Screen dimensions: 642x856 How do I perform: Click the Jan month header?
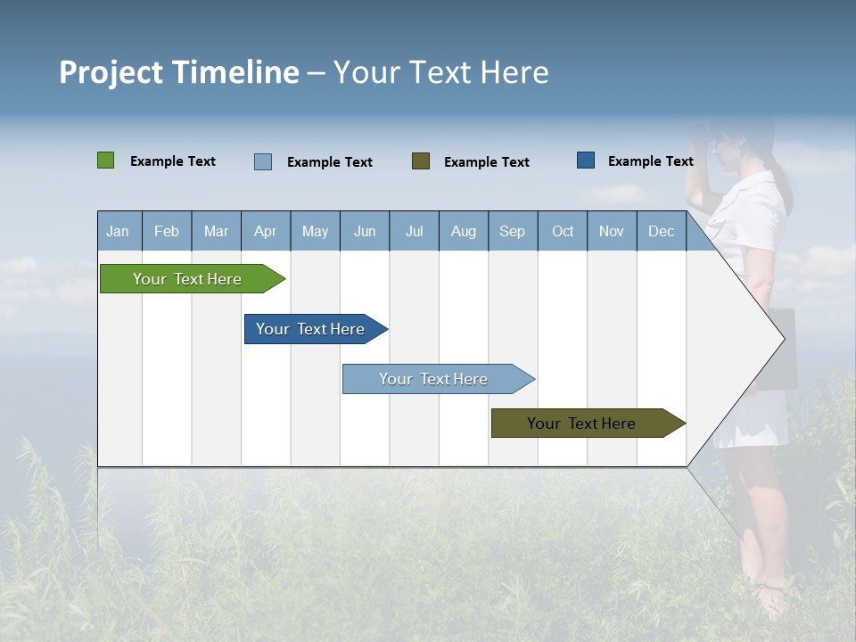118,231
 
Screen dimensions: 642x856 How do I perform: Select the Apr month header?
265,231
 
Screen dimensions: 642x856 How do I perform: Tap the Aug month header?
463,231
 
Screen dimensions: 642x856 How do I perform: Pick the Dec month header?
661,231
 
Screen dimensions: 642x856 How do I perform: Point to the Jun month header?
364,231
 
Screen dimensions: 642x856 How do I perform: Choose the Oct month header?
562,231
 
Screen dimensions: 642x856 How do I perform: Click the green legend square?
105,160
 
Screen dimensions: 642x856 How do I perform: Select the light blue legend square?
262,161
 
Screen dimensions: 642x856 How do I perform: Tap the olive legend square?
420,161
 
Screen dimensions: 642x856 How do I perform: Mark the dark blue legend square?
585,160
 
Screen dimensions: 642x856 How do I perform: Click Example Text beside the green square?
172,161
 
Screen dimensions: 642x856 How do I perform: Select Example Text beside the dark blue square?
650,161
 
